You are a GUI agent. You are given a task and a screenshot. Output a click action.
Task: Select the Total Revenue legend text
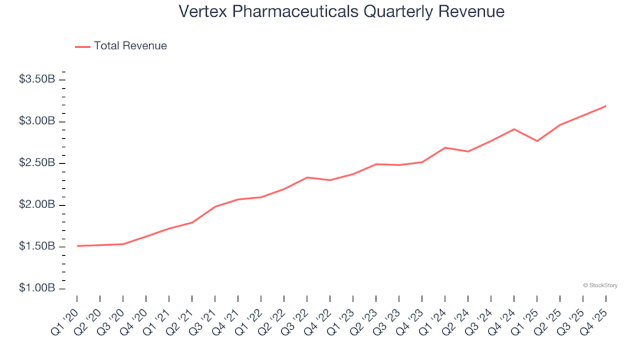pos(130,46)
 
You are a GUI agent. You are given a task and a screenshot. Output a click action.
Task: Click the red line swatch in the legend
pos(83,47)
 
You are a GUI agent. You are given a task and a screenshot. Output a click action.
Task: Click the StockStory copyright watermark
pos(600,285)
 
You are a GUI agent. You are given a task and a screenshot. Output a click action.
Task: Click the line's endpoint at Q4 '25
pos(605,106)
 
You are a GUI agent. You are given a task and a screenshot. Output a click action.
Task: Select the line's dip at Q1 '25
pos(537,141)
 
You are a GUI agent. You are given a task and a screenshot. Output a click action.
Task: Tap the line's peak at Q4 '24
pos(514,129)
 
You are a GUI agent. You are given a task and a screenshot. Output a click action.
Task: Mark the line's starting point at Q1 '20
pos(77,246)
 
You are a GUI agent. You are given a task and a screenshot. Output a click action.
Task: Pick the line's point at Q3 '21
pos(215,207)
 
